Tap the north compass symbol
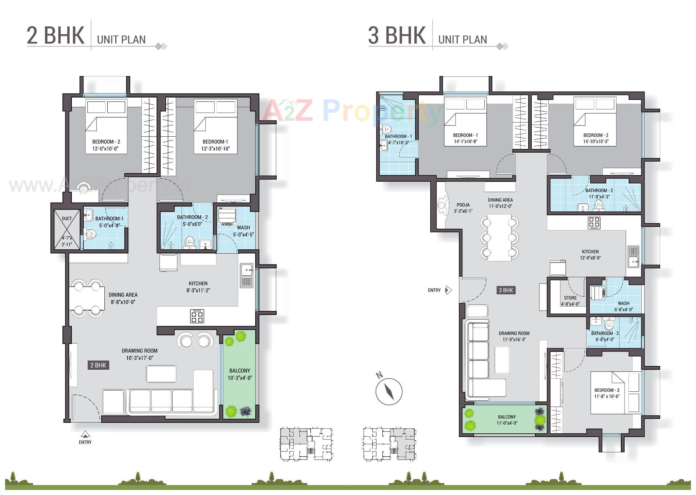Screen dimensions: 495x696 (x=389, y=391)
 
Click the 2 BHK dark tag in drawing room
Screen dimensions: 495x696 (x=98, y=365)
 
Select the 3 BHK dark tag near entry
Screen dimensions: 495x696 (x=506, y=290)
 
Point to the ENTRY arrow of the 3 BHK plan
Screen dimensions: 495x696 (x=448, y=290)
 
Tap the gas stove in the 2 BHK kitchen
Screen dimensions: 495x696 (x=197, y=316)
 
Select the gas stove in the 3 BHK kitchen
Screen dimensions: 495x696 (x=594, y=222)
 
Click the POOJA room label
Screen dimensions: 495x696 (x=463, y=205)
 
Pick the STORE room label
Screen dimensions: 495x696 (x=570, y=298)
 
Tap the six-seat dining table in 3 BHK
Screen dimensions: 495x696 (x=499, y=237)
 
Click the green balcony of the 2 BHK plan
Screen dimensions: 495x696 (x=239, y=374)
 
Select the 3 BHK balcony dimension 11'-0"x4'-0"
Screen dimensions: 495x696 (x=507, y=423)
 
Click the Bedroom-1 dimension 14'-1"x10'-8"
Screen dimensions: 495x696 (x=465, y=142)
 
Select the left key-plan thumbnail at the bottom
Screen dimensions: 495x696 (x=306, y=444)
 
